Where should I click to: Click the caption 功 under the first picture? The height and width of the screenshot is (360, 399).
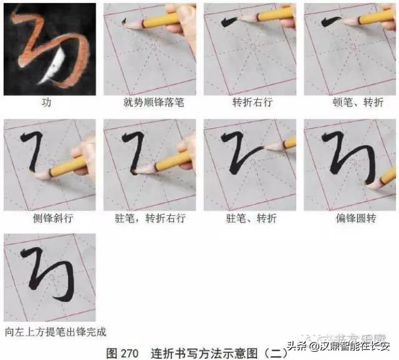click(46, 102)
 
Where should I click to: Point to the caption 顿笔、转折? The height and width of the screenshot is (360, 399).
click(350, 102)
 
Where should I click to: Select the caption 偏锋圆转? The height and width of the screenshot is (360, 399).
click(350, 219)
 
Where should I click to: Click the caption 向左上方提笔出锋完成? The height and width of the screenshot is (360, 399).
click(55, 331)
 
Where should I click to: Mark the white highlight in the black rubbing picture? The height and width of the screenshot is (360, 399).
click(57, 67)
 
